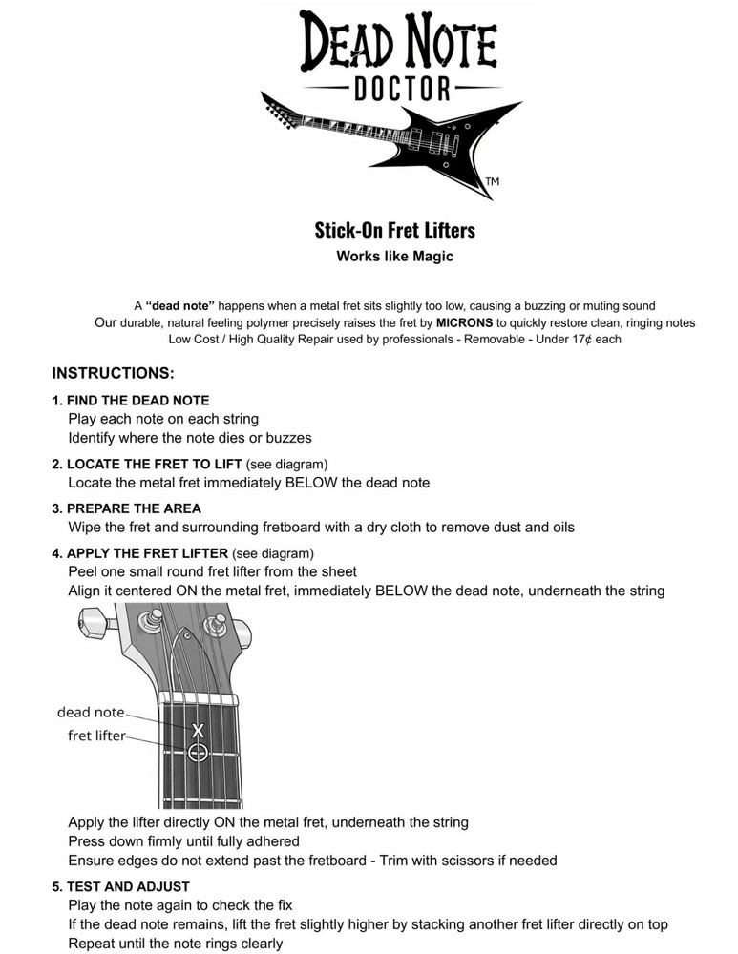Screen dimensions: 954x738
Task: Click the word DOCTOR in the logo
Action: pos(401,89)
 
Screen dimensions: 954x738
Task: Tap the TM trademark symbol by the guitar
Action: pos(492,181)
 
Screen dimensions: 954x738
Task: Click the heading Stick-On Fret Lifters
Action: pos(394,230)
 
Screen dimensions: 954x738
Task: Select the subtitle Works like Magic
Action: pos(394,256)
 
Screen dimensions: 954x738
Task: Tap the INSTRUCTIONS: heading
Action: pos(113,372)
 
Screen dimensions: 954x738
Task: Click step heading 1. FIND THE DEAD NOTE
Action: pos(131,400)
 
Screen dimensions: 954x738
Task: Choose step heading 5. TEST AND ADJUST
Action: pos(121,886)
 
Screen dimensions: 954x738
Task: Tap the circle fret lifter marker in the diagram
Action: pos(198,753)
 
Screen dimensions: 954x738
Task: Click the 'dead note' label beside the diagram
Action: pos(91,712)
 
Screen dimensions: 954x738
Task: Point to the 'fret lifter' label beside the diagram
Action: pos(96,736)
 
